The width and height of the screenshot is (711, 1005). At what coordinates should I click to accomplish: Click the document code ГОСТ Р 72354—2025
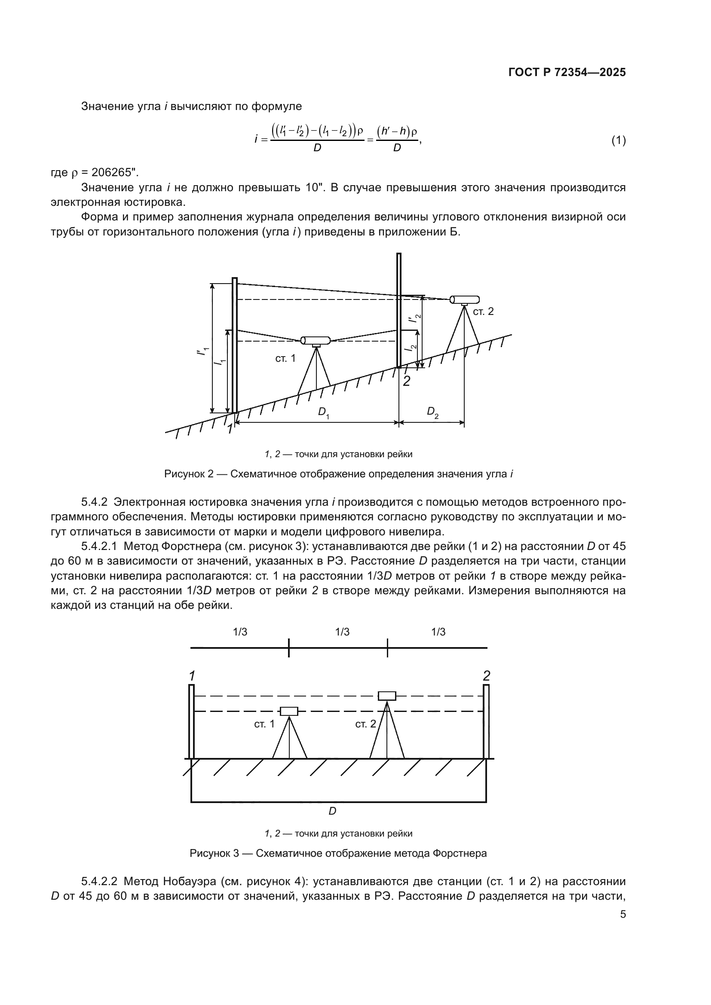[x=567, y=73]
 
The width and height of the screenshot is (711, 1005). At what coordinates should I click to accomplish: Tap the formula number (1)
[x=618, y=141]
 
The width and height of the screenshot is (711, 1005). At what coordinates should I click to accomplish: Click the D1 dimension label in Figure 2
[x=323, y=413]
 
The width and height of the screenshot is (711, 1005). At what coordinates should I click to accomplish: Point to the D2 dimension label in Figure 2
[x=432, y=413]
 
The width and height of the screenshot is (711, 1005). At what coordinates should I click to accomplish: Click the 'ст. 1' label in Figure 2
[x=285, y=358]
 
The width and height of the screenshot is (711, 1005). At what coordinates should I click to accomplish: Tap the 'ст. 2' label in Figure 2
[x=483, y=311]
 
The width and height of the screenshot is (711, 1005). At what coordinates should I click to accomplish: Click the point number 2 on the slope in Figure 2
[x=406, y=381]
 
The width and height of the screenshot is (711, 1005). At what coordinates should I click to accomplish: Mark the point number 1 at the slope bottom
[x=230, y=429]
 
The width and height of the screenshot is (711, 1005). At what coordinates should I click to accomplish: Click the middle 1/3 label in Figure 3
[x=342, y=632]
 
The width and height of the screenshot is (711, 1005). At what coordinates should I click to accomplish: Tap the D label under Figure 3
[x=333, y=811]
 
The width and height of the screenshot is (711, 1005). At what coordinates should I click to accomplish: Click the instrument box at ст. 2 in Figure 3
[x=386, y=696]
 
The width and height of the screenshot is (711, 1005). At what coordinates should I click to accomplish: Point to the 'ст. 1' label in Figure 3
[x=264, y=724]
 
